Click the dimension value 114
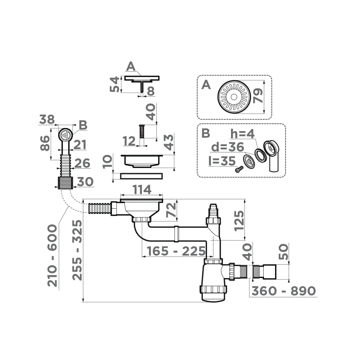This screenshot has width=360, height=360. [142, 190]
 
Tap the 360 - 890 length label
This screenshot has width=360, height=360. [283, 291]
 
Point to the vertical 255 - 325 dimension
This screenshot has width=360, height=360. [77, 250]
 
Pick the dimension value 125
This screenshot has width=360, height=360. [239, 220]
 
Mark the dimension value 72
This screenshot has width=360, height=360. [171, 210]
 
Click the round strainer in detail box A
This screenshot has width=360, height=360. [234, 97]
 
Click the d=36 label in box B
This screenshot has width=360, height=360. [227, 147]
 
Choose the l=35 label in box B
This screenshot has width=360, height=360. [222, 161]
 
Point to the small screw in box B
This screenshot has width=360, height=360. [237, 169]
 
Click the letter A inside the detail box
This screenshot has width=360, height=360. [206, 85]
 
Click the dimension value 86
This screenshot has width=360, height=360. [45, 143]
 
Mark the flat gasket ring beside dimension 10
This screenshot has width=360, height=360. [141, 176]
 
